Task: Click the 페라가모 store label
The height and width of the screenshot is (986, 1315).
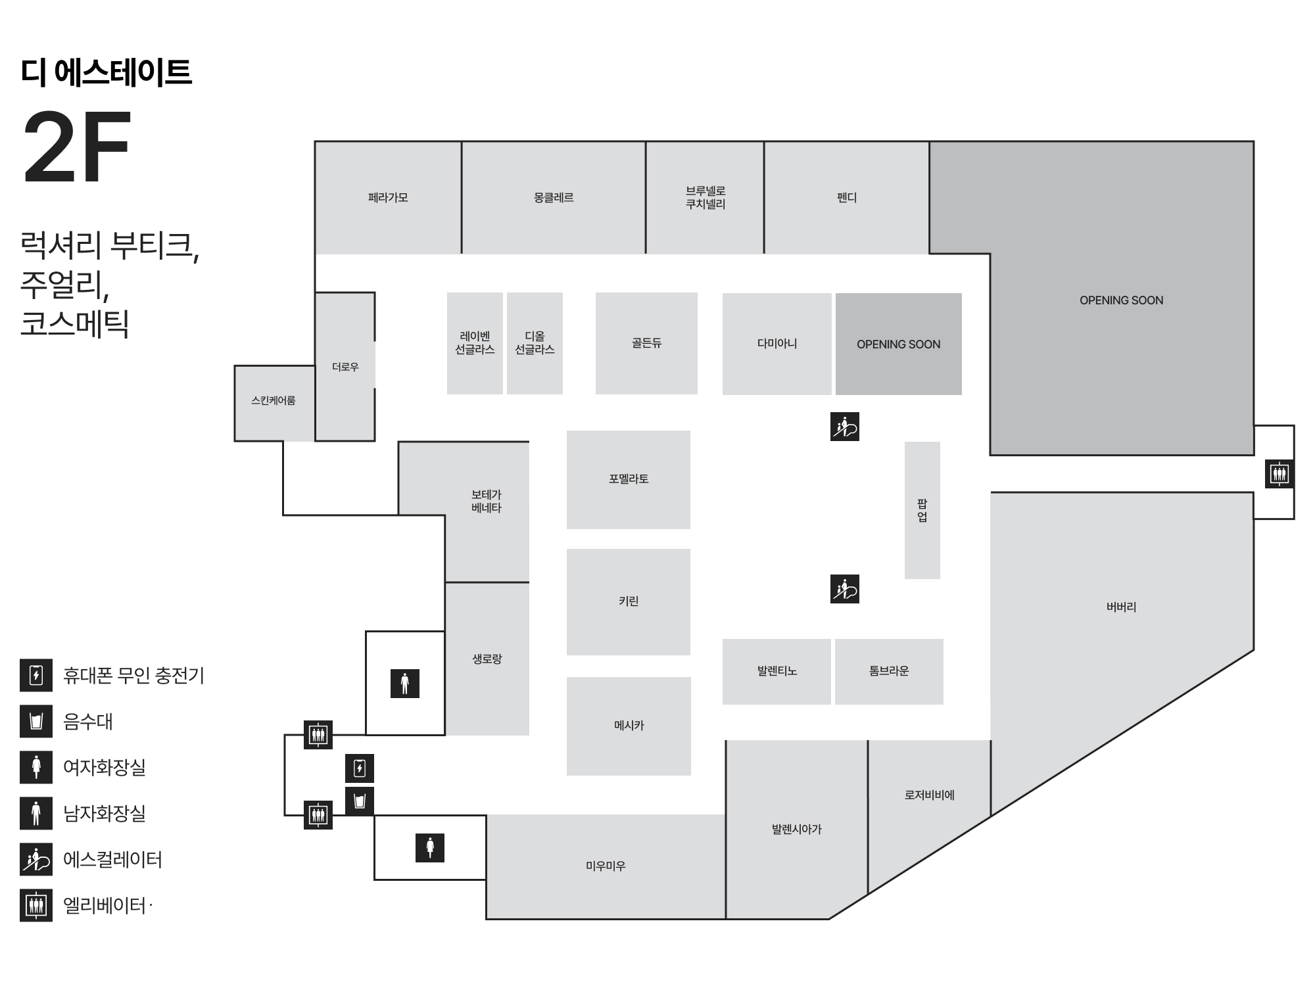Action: (x=388, y=197)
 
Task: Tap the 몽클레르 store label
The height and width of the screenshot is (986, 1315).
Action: (x=554, y=197)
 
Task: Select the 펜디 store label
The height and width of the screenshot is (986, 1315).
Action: (x=847, y=197)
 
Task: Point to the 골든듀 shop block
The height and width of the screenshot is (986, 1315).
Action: (x=646, y=343)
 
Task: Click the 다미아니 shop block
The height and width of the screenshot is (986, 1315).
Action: (x=777, y=343)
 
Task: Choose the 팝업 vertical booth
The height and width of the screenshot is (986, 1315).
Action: (x=922, y=510)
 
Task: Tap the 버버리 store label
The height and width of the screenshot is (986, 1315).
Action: (x=1121, y=607)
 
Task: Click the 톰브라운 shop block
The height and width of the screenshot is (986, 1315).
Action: (x=889, y=671)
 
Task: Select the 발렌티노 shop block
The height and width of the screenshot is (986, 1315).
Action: (x=777, y=671)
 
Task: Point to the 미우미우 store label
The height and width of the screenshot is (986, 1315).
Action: (x=606, y=866)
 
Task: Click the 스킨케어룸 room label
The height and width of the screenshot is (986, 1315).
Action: (x=274, y=400)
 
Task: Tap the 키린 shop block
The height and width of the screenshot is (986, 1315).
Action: (x=629, y=601)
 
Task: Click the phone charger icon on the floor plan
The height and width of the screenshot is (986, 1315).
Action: (x=360, y=768)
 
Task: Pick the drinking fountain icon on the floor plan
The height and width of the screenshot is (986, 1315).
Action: (x=360, y=801)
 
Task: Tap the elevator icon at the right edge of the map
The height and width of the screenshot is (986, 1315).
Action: (x=1279, y=473)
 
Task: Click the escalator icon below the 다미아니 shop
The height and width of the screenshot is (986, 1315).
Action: (x=845, y=427)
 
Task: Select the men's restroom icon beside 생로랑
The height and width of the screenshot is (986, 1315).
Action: (x=405, y=684)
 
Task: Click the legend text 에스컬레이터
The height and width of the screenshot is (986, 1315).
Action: (x=112, y=860)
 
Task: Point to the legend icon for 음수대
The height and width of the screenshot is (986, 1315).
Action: (x=36, y=721)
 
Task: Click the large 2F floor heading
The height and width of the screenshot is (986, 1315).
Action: (x=78, y=148)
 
